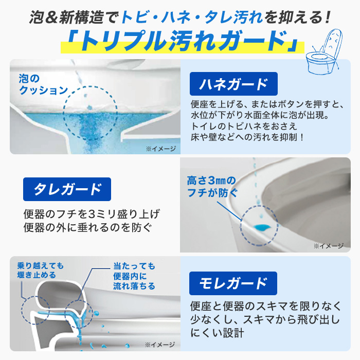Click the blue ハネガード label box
tap(233, 84)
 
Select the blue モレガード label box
tap(233, 283)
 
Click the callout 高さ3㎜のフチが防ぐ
tap(211, 187)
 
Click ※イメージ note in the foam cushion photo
tap(160, 149)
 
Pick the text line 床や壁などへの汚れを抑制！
tap(247, 137)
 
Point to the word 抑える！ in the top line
tap(303, 19)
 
